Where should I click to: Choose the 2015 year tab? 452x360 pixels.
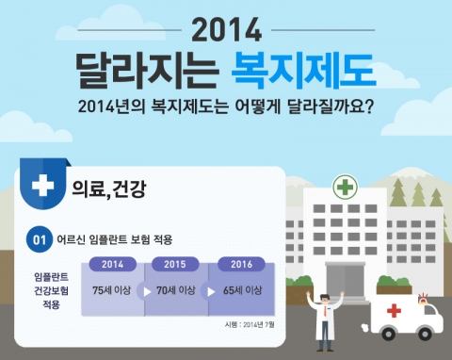[181, 264]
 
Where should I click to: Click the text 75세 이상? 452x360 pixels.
[112, 291]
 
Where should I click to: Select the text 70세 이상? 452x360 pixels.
[180, 291]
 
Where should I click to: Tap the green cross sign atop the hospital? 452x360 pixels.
[345, 187]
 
